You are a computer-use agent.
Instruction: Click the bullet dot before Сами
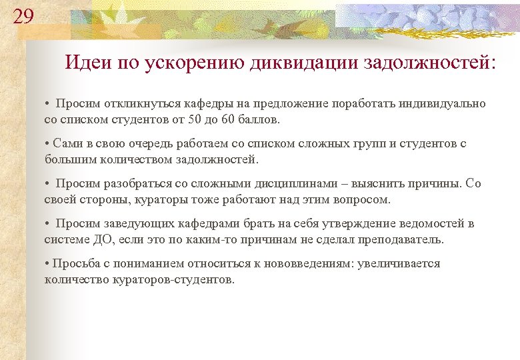click(x=47, y=143)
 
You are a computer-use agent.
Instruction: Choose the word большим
click(x=65, y=160)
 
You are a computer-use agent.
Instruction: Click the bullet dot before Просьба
click(x=47, y=263)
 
